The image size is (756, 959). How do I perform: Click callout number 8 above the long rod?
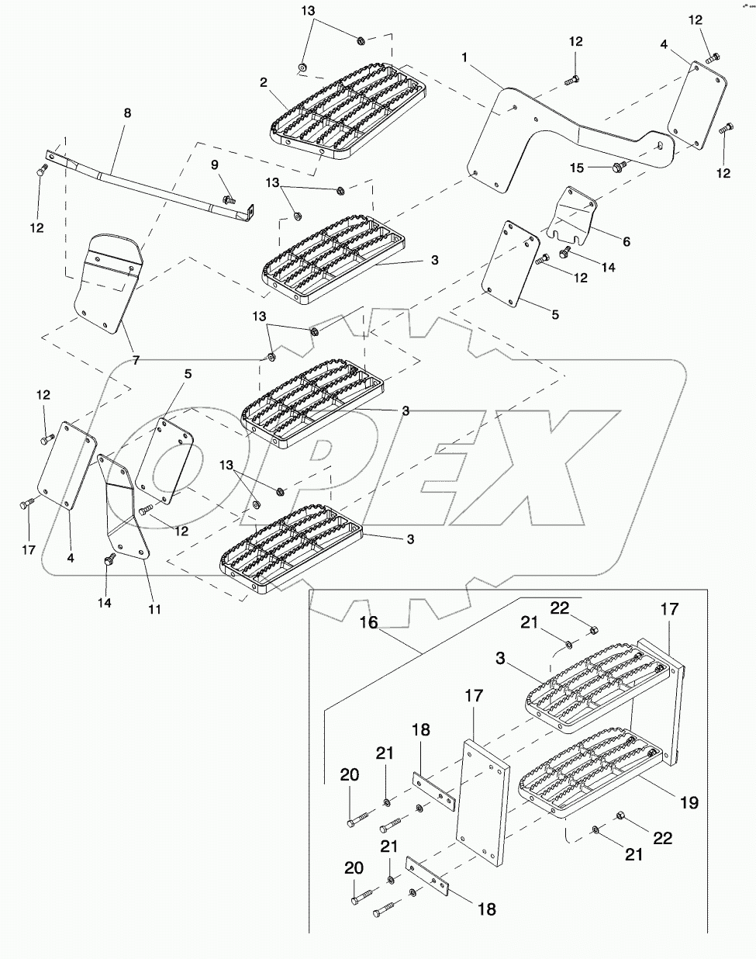[x=128, y=113]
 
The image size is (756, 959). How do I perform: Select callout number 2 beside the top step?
[x=264, y=82]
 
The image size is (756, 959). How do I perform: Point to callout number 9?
[x=215, y=164]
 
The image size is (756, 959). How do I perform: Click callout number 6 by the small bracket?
[x=627, y=242]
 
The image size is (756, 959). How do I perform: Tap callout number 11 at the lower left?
[x=154, y=609]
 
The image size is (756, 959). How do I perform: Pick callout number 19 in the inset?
[x=689, y=803]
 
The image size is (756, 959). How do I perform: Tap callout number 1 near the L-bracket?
[x=464, y=59]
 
